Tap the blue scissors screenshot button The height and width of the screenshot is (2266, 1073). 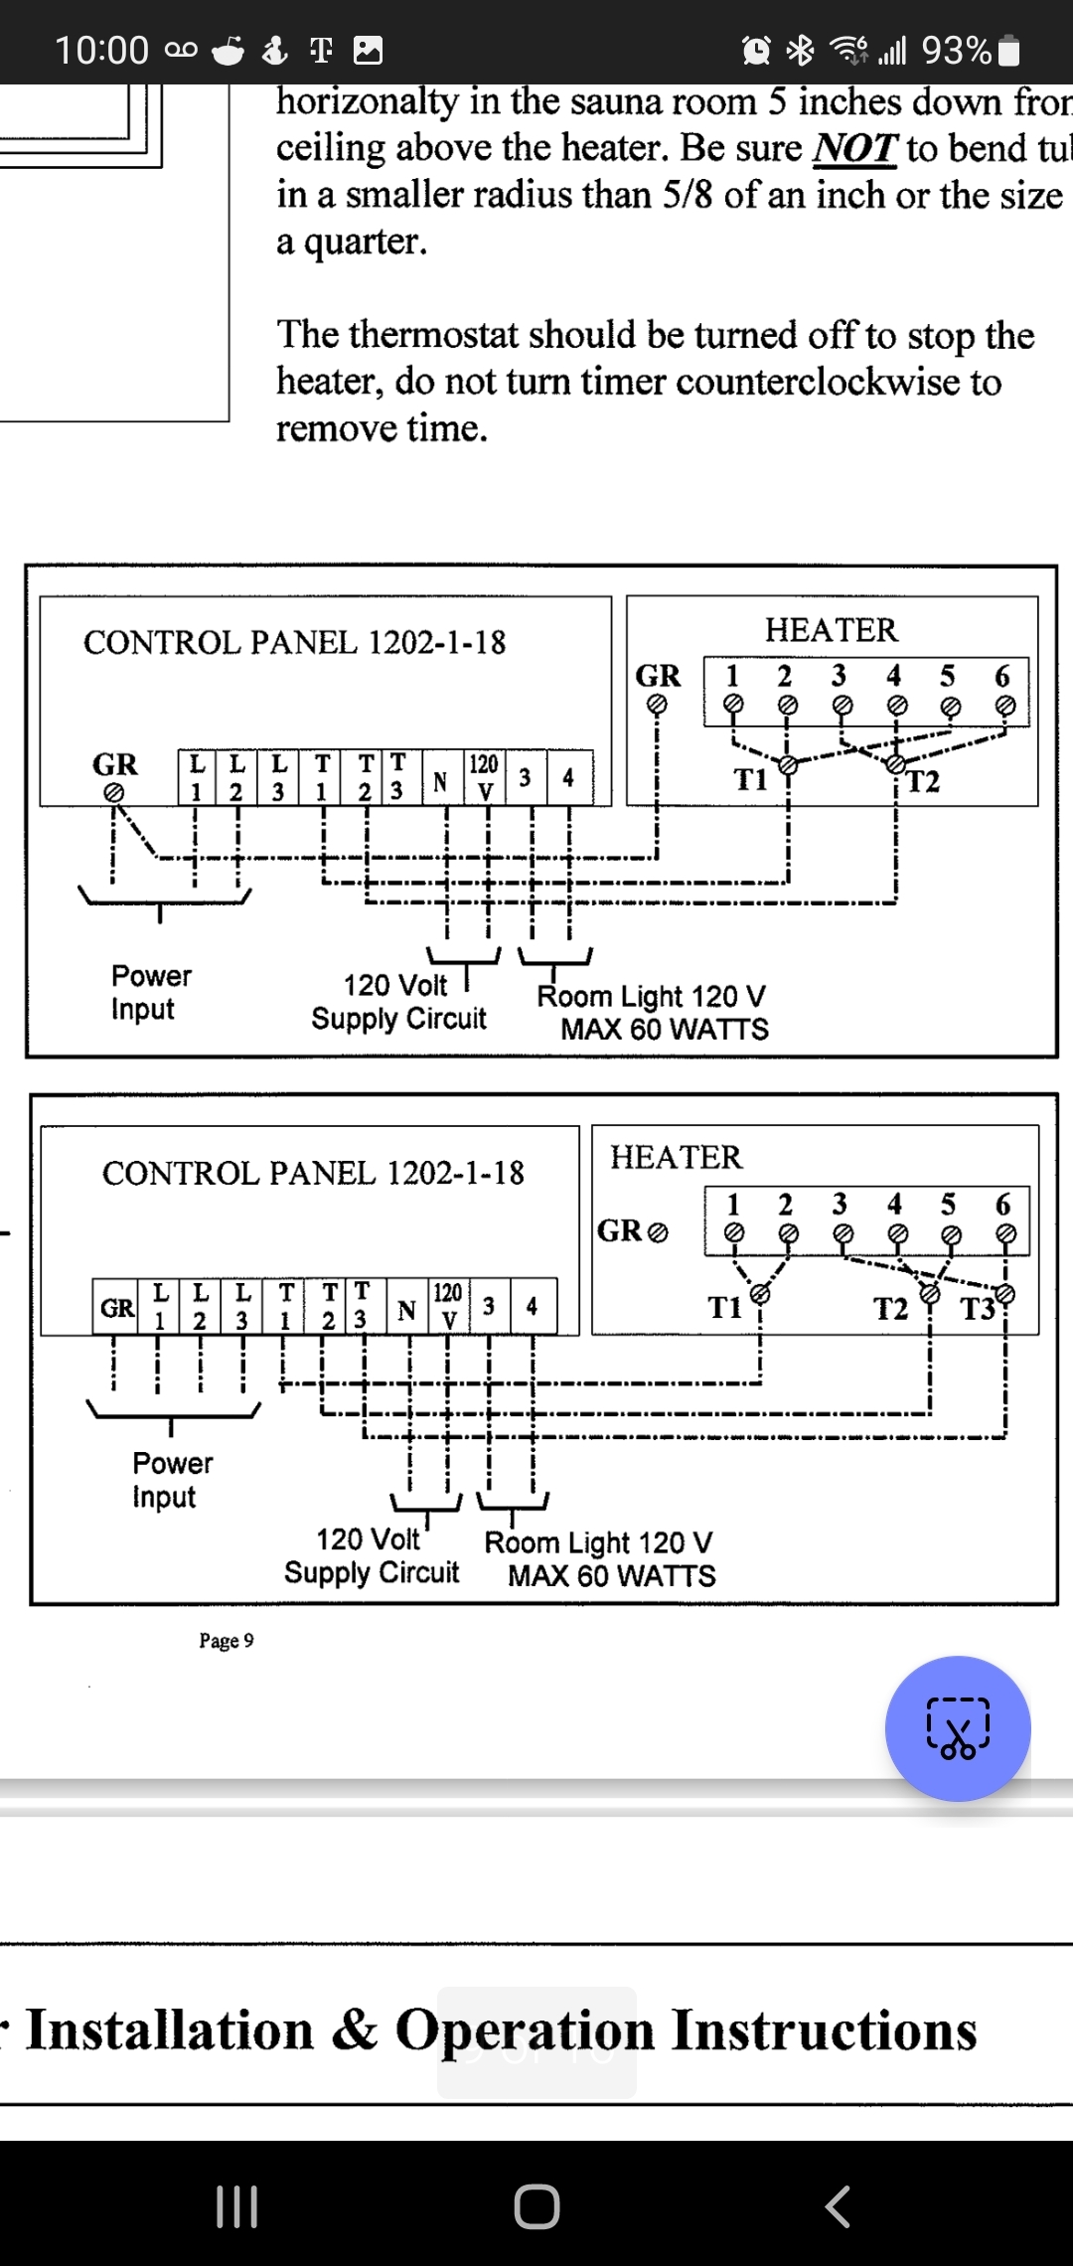pos(958,1728)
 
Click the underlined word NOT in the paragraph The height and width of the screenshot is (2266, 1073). pos(854,149)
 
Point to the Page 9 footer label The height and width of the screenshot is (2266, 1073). pos(226,1641)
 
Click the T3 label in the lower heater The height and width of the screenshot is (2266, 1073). pos(979,1309)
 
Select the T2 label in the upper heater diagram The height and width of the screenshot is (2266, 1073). pos(923,782)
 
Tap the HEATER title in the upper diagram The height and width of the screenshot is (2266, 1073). pos(831,630)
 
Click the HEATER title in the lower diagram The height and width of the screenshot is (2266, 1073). pos(676,1157)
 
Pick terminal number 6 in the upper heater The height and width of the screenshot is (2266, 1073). pos(1002,677)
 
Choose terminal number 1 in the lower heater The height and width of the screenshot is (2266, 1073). pos(733,1205)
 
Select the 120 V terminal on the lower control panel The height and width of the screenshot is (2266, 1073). pos(448,1305)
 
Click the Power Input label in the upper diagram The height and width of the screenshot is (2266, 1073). pos(151,992)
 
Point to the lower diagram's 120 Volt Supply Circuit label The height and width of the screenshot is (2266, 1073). pos(372,1556)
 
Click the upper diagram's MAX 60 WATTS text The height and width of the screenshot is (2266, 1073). pos(664,1030)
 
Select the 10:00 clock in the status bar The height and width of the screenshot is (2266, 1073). pos(101,50)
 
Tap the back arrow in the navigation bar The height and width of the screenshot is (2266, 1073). pos(838,2206)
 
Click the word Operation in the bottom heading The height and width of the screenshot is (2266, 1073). pos(524,2030)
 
